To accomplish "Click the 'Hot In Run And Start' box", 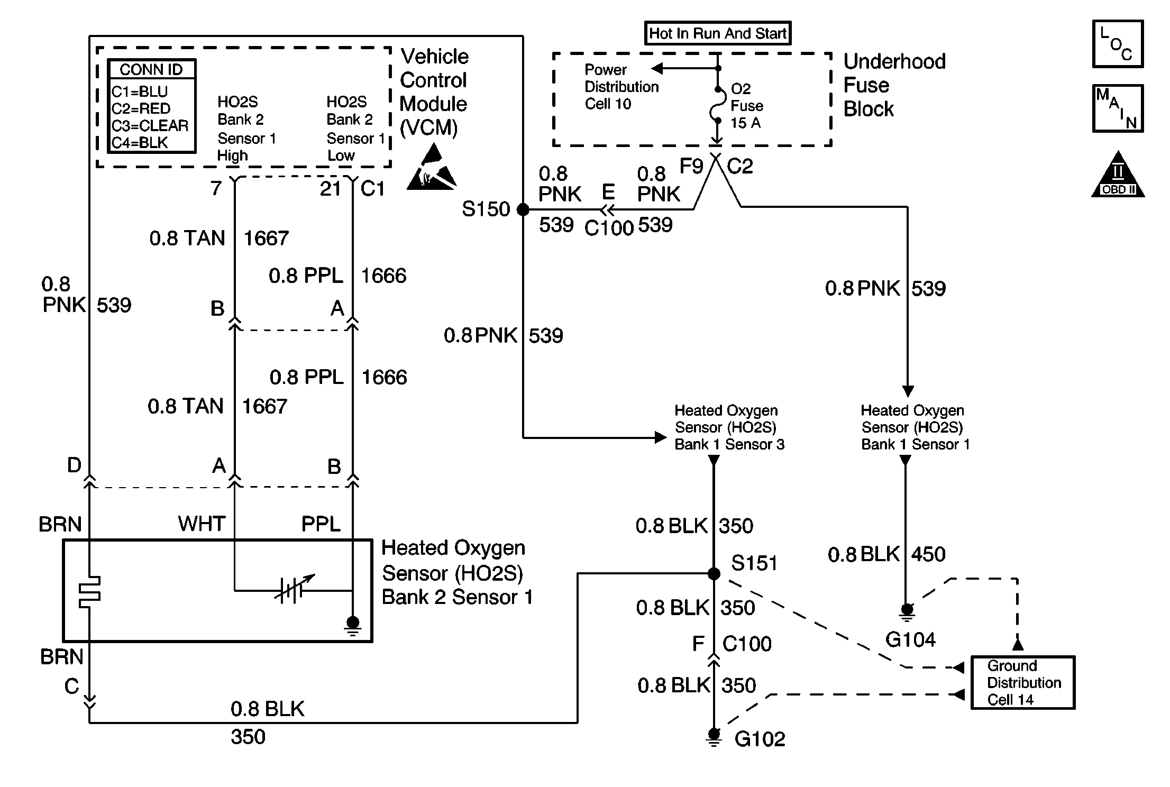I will click(x=717, y=33).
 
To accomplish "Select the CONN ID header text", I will click(x=151, y=69).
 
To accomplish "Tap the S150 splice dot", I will click(x=523, y=209).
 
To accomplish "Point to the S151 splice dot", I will click(x=714, y=573).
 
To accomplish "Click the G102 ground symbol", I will click(x=714, y=736).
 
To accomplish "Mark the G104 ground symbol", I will click(x=907, y=610).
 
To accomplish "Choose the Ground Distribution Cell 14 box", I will click(x=1023, y=682).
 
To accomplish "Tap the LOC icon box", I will click(x=1118, y=44).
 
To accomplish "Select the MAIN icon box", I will click(x=1118, y=108).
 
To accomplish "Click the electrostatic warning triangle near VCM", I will click(x=432, y=169).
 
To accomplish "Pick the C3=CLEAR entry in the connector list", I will click(x=150, y=126).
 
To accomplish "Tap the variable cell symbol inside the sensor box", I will click(x=293, y=589).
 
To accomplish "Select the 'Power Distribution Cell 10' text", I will click(x=621, y=87).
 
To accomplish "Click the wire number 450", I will click(x=928, y=554).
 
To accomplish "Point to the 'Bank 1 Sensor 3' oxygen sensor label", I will click(x=729, y=427).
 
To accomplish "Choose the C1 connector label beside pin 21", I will click(x=372, y=188).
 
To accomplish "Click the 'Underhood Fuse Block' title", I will click(x=894, y=85).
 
